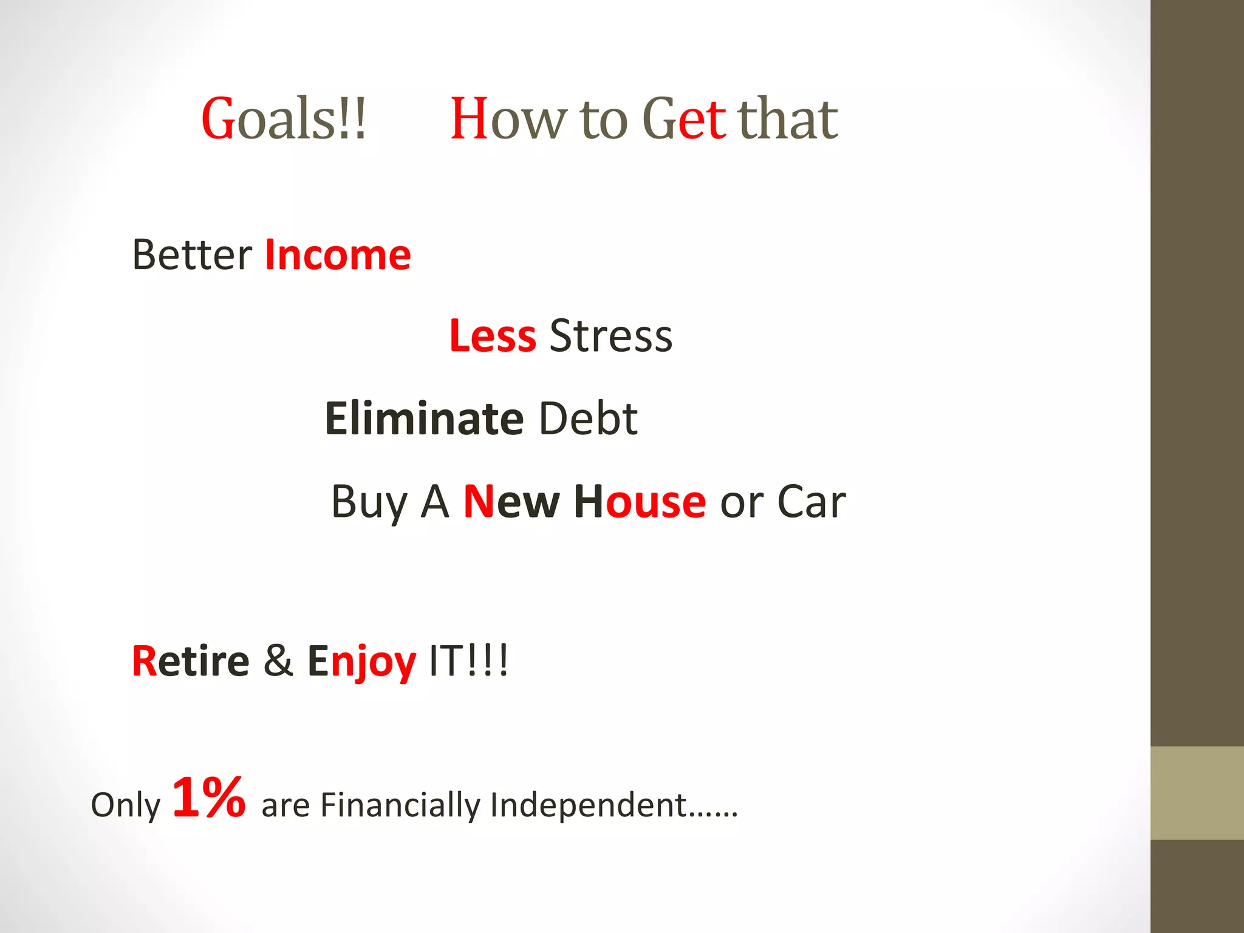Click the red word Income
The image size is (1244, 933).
tap(338, 255)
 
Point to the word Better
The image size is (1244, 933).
tap(192, 255)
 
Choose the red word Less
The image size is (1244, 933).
tap(493, 336)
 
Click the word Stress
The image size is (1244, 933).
tap(611, 336)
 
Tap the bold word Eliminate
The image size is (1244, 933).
tap(424, 419)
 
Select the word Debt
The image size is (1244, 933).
tap(588, 419)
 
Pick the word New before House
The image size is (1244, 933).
tap(511, 502)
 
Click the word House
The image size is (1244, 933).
tap(640, 502)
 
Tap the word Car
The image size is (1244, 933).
tap(812, 502)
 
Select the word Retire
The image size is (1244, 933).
tap(190, 661)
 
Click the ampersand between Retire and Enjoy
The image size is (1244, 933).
tap(278, 661)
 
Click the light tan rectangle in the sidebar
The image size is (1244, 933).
tap(1197, 793)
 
